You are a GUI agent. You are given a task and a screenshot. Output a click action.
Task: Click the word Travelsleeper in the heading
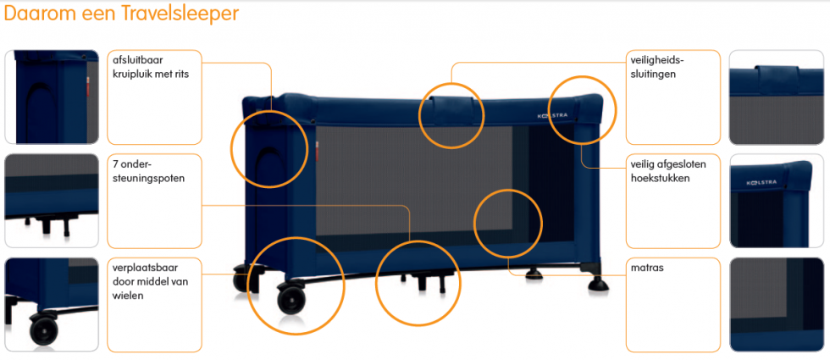pos(180,14)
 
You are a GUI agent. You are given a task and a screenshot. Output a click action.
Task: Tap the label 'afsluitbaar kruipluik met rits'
pos(151,67)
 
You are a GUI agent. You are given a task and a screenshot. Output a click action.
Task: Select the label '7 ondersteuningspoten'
pos(149,170)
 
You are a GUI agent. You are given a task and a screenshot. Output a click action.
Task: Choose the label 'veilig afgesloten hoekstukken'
pos(668,170)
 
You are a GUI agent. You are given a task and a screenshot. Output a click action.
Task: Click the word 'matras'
pos(647,268)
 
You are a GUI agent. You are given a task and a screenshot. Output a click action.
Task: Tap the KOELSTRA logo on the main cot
pos(551,115)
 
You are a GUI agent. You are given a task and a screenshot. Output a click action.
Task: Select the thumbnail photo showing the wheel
pos(52,304)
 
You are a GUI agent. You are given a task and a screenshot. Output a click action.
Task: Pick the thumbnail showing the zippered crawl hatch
pos(52,97)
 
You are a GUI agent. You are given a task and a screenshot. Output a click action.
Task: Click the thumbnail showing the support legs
pos(52,201)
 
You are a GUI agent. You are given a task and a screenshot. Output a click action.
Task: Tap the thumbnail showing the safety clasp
pos(777,97)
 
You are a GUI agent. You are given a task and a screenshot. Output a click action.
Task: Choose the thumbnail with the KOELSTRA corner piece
pos(777,201)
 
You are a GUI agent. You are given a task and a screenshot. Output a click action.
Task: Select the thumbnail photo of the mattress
pos(777,304)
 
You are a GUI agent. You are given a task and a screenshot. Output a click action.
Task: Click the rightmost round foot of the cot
pos(598,284)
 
